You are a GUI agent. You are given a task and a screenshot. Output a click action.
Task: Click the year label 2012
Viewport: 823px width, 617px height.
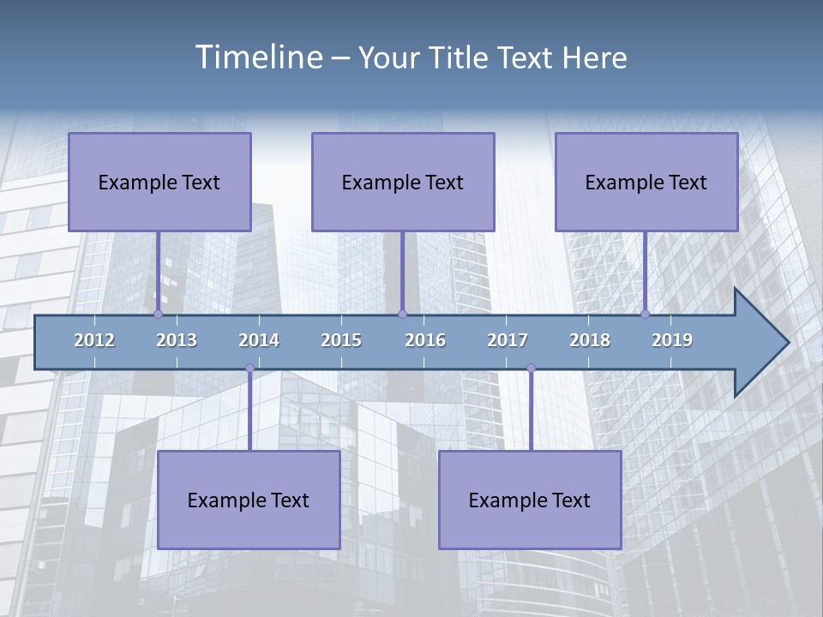[94, 340]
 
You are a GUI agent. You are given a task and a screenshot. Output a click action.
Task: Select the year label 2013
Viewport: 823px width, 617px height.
[177, 340]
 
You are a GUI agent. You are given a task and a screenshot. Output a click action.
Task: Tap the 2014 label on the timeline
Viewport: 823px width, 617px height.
[259, 340]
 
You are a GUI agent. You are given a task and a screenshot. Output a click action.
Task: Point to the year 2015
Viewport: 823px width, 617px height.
[341, 340]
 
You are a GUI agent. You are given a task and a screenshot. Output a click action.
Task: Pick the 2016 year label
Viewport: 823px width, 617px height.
[425, 340]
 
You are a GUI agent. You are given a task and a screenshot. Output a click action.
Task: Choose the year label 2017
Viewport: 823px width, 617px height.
[508, 340]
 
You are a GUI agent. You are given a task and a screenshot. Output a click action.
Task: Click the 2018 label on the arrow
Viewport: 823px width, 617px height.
[590, 340]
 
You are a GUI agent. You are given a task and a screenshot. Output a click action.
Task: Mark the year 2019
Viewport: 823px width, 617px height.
[672, 340]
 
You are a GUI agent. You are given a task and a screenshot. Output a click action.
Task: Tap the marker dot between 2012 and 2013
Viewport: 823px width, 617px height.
[158, 314]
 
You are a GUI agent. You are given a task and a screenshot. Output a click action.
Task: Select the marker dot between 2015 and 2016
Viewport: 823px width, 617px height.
[402, 314]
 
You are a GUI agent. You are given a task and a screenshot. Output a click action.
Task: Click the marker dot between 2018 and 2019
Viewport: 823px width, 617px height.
[645, 314]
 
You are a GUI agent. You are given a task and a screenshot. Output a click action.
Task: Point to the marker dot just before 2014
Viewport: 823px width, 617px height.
[249, 368]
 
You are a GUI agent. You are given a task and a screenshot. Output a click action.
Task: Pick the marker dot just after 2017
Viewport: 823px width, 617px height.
[531, 368]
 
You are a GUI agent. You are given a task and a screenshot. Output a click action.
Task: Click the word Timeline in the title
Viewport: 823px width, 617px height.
[258, 57]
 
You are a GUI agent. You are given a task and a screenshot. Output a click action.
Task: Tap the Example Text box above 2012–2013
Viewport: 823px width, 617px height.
[159, 182]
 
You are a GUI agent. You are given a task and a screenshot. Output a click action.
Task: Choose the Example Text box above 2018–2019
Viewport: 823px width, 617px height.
[646, 182]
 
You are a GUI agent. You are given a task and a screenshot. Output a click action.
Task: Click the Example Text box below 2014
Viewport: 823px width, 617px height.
[249, 500]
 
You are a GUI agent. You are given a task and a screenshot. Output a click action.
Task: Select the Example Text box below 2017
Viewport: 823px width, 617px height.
[530, 500]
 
